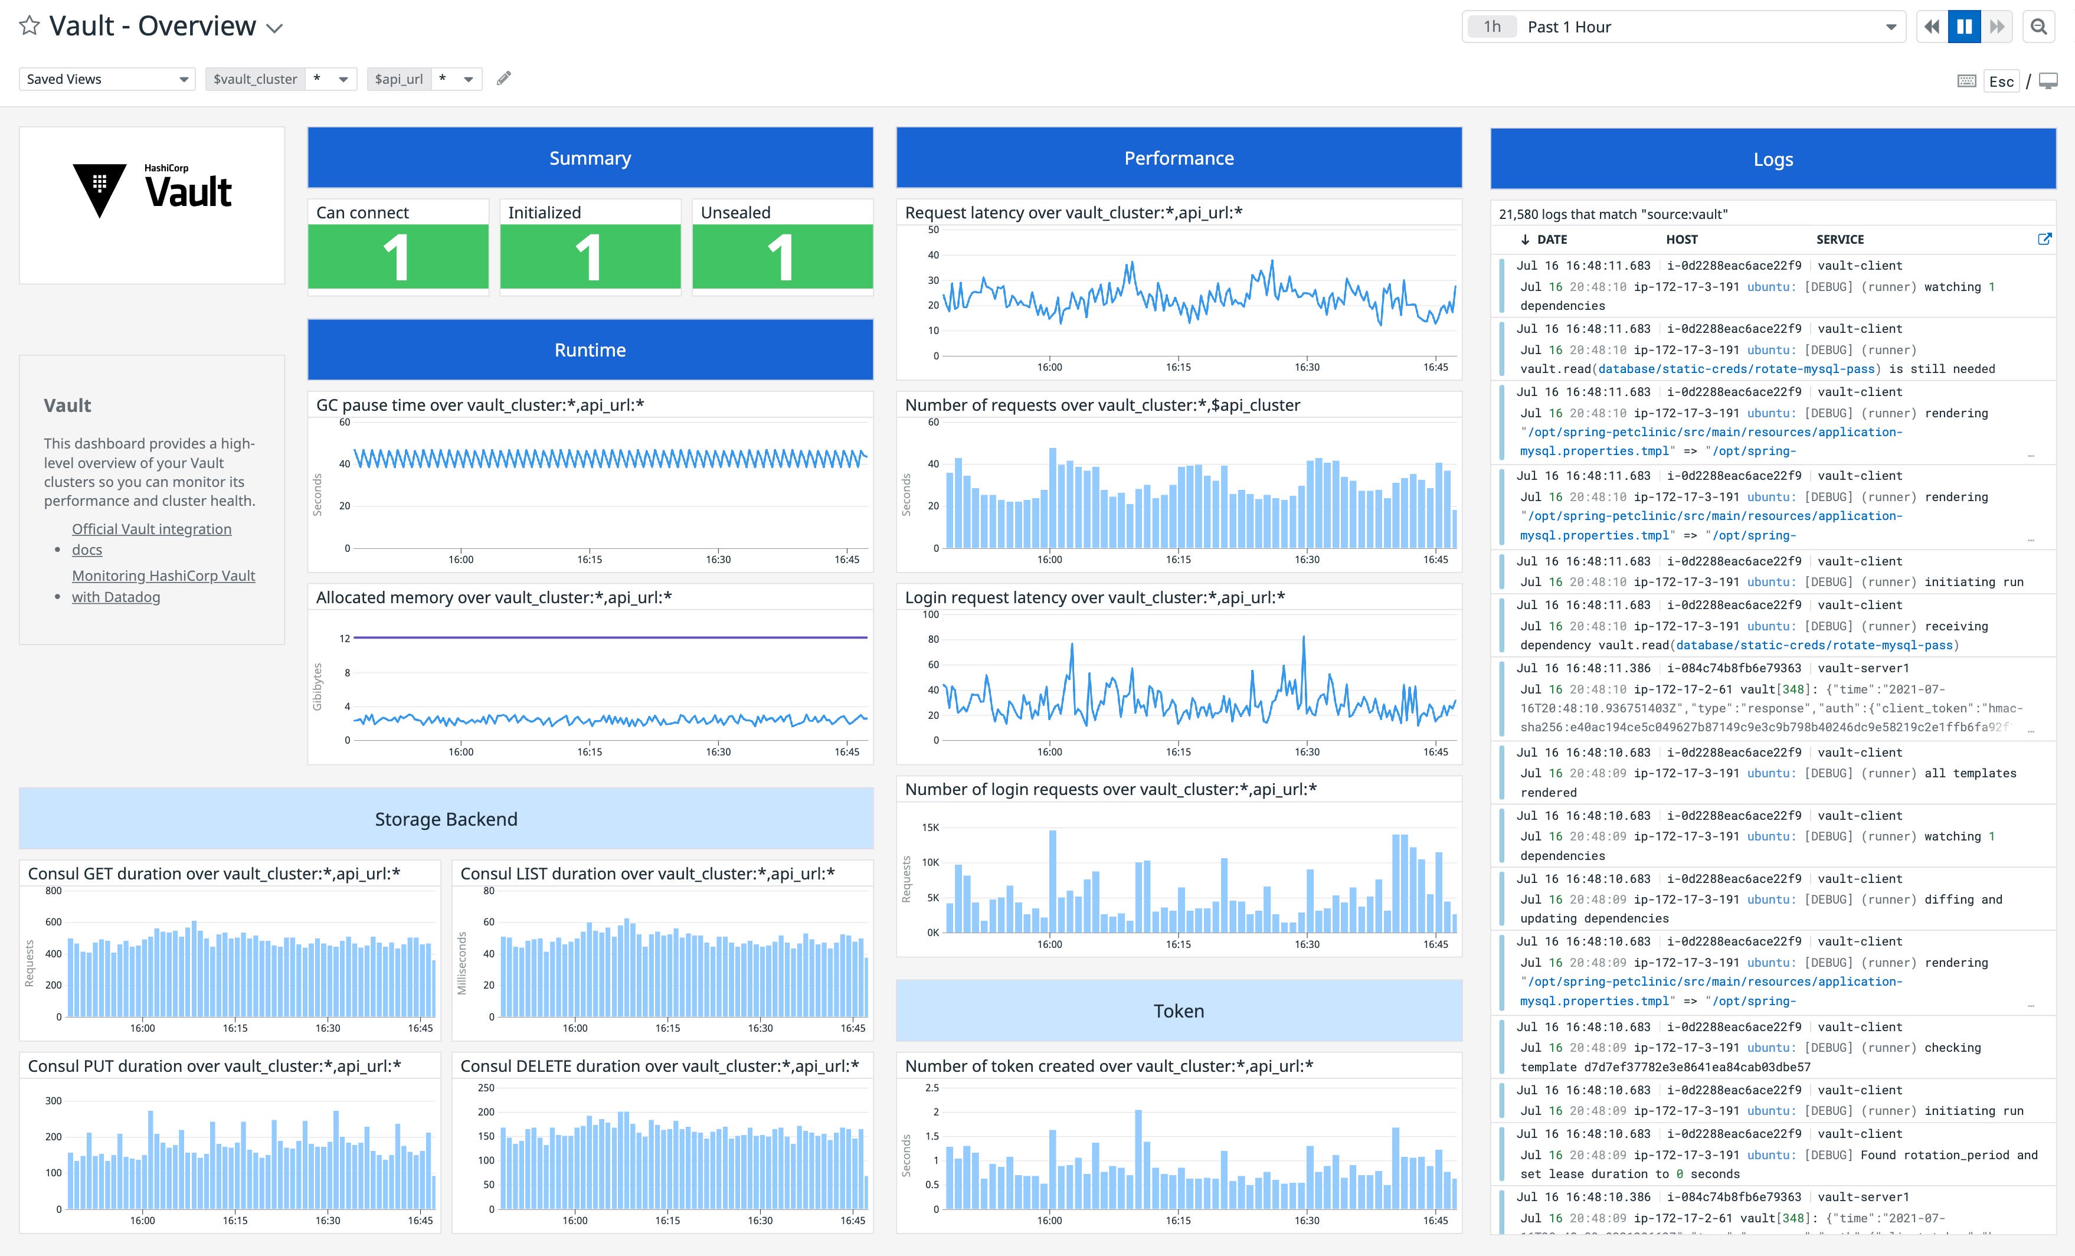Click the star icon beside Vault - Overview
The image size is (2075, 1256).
30,25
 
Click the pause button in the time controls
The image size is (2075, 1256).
1964,27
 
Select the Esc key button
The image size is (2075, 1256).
2001,81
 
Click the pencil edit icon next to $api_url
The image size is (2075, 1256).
503,78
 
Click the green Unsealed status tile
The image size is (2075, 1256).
781,256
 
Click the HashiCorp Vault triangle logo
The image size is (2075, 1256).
99,189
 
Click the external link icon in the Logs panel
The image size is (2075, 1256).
2043,239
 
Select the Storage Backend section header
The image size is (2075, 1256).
446,819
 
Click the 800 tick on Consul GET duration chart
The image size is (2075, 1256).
53,891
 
